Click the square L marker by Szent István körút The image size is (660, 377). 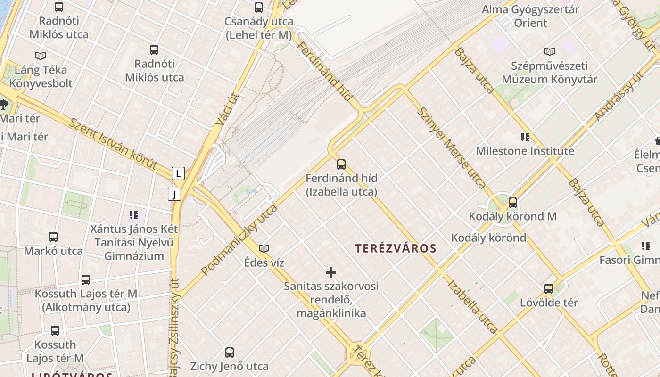(x=178, y=174)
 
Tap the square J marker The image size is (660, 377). (x=174, y=194)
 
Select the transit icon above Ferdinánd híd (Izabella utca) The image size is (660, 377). (x=341, y=164)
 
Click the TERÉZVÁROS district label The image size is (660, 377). (x=396, y=248)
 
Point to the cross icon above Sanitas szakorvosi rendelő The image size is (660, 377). (x=331, y=272)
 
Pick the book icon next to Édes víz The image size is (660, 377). (x=264, y=248)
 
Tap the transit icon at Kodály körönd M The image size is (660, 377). (x=512, y=203)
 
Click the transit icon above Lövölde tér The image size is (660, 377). (x=549, y=289)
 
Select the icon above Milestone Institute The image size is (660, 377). (x=525, y=137)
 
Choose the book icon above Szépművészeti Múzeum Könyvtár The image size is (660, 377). (x=550, y=51)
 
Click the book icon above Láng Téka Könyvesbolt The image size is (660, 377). (x=41, y=56)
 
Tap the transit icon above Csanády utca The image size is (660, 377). (x=259, y=8)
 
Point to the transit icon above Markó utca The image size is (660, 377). (x=53, y=237)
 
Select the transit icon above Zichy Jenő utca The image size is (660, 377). (x=230, y=352)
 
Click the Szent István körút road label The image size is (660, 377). (x=113, y=144)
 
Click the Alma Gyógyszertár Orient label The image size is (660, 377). (x=530, y=16)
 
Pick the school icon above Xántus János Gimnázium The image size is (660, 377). (x=134, y=215)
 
